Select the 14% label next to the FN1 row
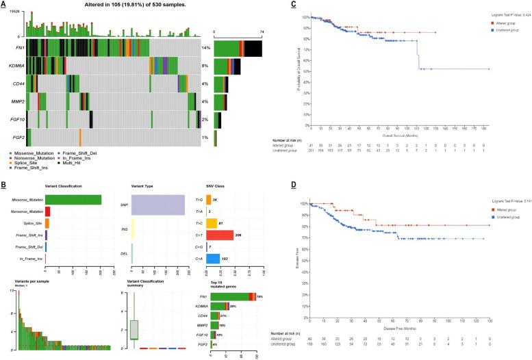tap(205, 49)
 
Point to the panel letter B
tap(4, 184)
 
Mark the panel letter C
tap(294, 4)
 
